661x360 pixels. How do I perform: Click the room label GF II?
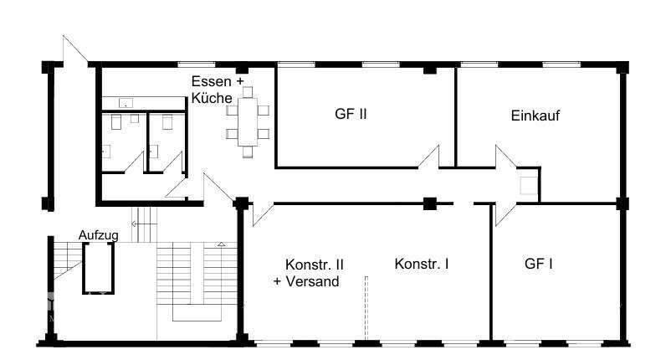(x=351, y=116)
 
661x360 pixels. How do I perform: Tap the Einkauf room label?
(x=535, y=116)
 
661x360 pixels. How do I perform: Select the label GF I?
(x=539, y=264)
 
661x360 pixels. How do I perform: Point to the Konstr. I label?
(x=421, y=264)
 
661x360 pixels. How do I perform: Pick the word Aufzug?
(x=98, y=235)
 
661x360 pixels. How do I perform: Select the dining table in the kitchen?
(x=248, y=122)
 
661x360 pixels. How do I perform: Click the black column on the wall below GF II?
(x=429, y=203)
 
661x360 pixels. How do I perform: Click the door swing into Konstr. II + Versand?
(x=259, y=213)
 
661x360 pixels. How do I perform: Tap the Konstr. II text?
(x=315, y=265)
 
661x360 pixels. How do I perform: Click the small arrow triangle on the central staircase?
(x=222, y=244)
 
